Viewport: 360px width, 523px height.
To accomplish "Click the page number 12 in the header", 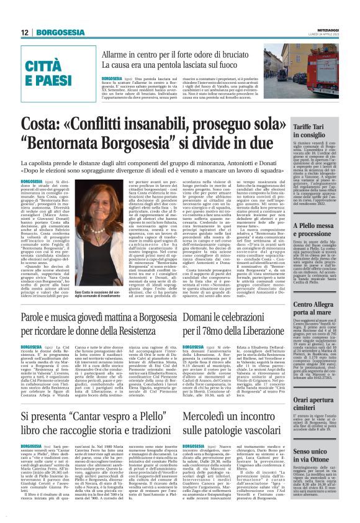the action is (x=25, y=32).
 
